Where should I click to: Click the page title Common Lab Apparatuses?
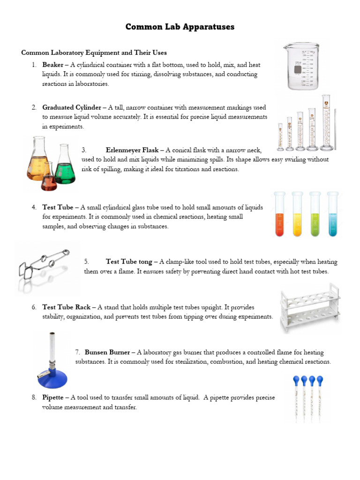pyautogui.click(x=180, y=27)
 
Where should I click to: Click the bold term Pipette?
pyautogui.click(x=53, y=397)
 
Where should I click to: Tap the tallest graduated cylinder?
pyautogui.click(x=326, y=124)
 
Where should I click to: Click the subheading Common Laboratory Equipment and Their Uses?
pyautogui.click(x=94, y=52)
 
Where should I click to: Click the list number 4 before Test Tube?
pyautogui.click(x=34, y=207)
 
